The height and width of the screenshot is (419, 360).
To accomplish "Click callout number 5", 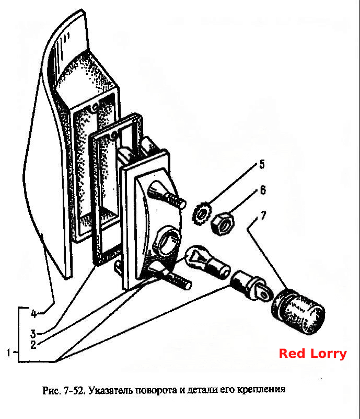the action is click(262, 164).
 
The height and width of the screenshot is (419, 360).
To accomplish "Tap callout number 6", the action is click(263, 190).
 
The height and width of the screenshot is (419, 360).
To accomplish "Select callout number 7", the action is click(263, 215).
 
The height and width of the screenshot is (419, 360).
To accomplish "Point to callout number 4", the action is click(33, 313).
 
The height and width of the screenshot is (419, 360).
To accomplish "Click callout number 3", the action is click(33, 334).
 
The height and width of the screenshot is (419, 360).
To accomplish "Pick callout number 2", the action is click(33, 345).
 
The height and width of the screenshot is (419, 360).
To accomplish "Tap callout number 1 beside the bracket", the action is click(9, 353).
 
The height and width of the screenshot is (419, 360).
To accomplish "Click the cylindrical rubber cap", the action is click(298, 312).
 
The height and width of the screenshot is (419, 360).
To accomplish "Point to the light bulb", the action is click(207, 262).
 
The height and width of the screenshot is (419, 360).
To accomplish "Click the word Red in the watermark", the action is click(292, 354).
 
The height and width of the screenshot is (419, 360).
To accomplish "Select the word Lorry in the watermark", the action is click(328, 354).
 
